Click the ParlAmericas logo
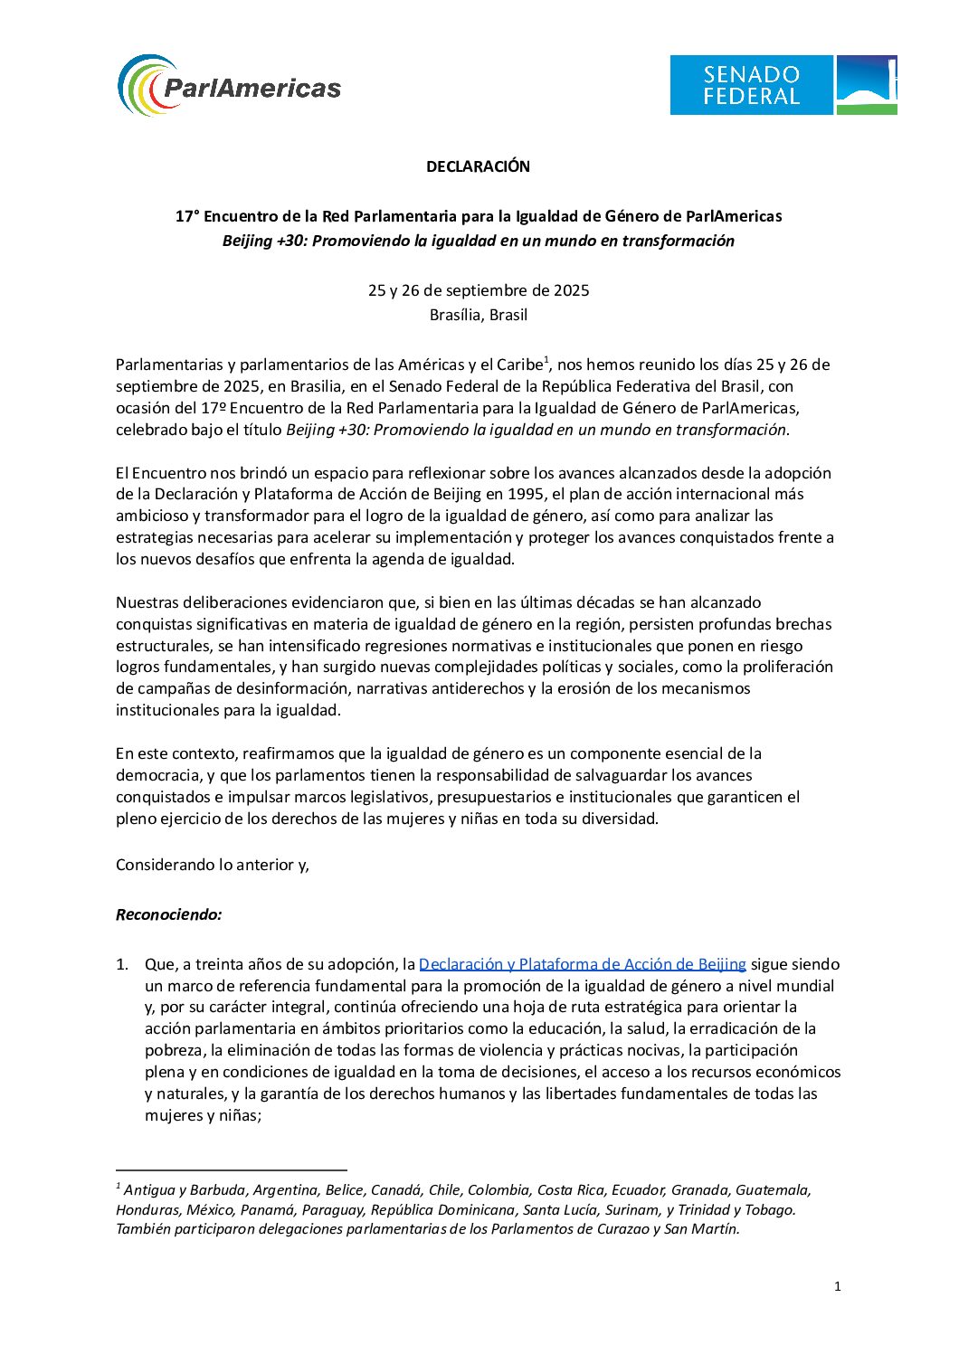pyautogui.click(x=230, y=86)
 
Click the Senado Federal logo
pyautogui.click(x=783, y=85)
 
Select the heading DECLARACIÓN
pyautogui.click(x=479, y=166)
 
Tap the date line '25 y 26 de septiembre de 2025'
pyautogui.click(x=479, y=290)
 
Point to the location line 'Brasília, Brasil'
pyautogui.click(x=479, y=315)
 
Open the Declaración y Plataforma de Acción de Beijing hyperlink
pyautogui.click(x=582, y=964)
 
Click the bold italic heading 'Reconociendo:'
pyautogui.click(x=169, y=914)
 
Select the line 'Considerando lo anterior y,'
pyautogui.click(x=213, y=865)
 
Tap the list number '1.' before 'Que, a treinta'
pyautogui.click(x=122, y=964)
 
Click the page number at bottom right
pyautogui.click(x=838, y=1286)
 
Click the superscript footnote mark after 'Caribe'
pyautogui.click(x=546, y=360)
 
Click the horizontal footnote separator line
pyautogui.click(x=232, y=1169)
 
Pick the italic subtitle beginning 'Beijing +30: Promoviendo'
pyautogui.click(x=479, y=241)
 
